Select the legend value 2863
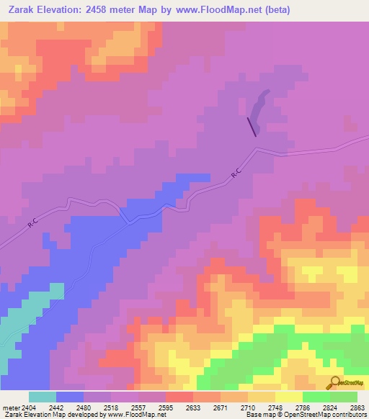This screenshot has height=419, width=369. tap(357, 407)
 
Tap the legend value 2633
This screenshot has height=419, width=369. tap(193, 407)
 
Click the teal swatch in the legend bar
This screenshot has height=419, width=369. tap(43, 397)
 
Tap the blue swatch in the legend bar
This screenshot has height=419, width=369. tap(70, 397)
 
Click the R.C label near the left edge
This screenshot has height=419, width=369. tap(32, 225)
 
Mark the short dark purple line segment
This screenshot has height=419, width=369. tap(252, 126)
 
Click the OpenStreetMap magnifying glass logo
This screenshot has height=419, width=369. tap(333, 383)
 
